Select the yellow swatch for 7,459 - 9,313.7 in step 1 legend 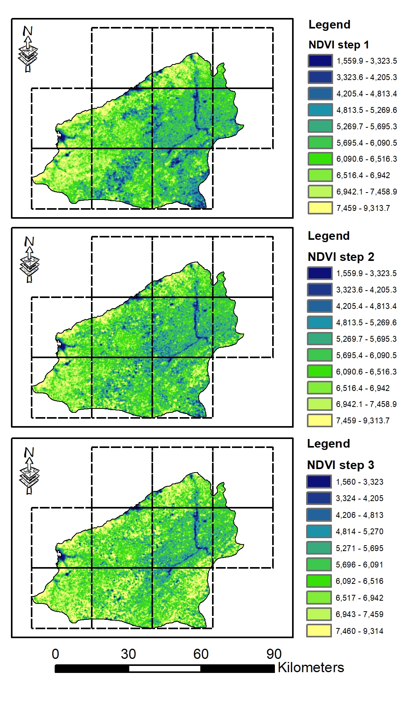(320, 208)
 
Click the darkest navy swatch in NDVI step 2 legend (320, 273)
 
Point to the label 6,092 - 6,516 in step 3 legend (359, 581)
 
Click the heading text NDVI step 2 (341, 257)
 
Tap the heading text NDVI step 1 (339, 45)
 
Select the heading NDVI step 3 (340, 465)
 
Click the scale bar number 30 (128, 654)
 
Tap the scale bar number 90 (274, 654)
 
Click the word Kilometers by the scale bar (311, 667)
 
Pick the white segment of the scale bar (164, 669)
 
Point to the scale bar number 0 (55, 654)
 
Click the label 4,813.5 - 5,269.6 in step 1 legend (367, 110)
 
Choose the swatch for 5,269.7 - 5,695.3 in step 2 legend (320, 339)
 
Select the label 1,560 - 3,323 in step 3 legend (359, 482)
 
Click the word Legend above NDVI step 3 (328, 444)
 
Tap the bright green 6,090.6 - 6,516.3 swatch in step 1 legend (320, 159)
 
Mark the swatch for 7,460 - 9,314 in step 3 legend (319, 631)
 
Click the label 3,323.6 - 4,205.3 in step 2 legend (366, 290)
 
